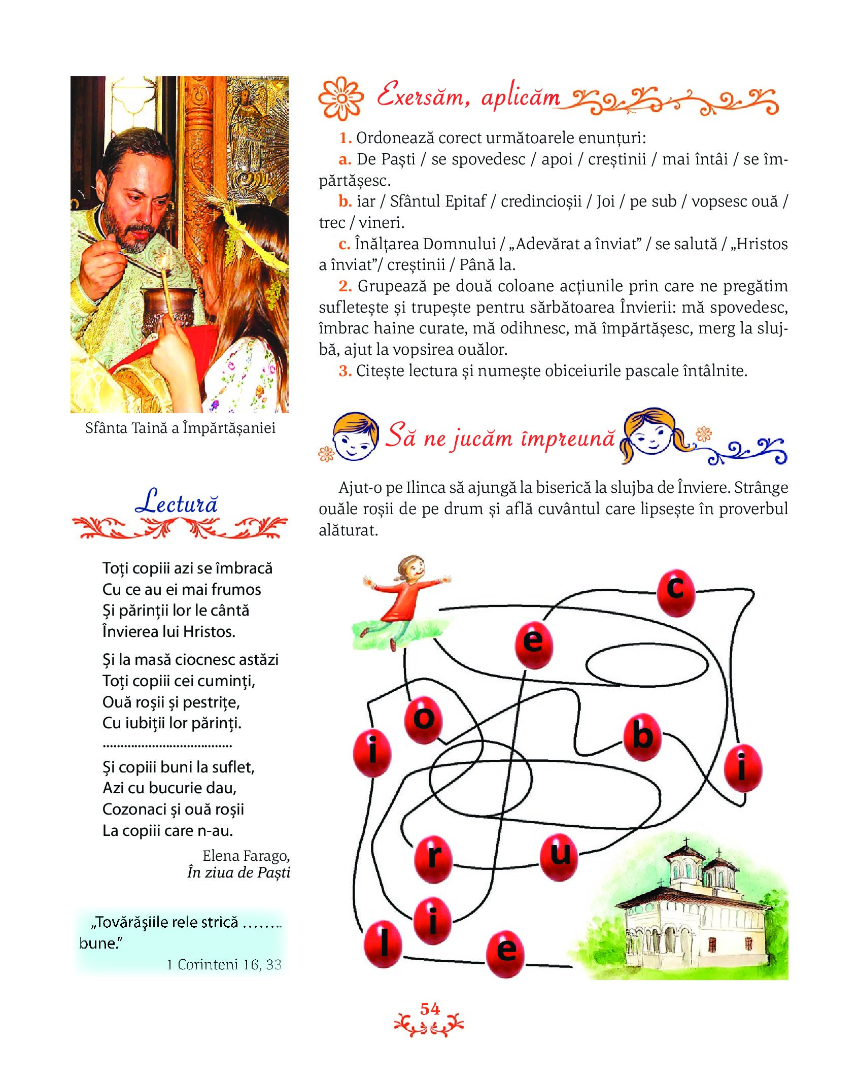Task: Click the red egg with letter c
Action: coord(675,592)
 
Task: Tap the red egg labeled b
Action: coord(642,737)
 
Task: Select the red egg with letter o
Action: coord(424,720)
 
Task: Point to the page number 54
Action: coord(430,1009)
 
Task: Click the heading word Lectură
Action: coord(177,502)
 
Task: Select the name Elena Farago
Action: coord(246,856)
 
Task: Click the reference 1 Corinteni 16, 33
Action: coord(224,964)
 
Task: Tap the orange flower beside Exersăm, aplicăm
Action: coord(341,98)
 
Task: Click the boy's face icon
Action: coord(355,436)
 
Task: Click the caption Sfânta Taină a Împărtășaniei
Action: coord(180,428)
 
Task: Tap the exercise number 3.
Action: coord(345,371)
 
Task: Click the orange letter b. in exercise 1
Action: coord(345,201)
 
